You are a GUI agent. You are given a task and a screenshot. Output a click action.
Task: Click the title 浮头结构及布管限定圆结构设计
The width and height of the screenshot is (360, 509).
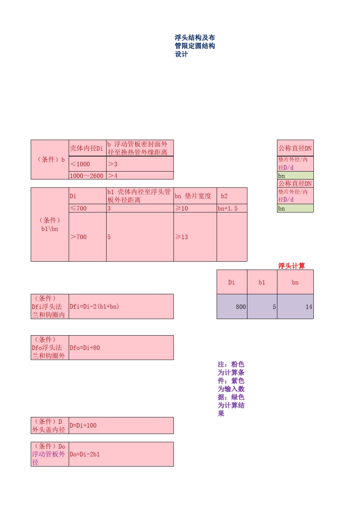coord(195,46)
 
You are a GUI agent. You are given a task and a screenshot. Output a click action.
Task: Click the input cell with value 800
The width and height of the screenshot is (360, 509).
coord(232,306)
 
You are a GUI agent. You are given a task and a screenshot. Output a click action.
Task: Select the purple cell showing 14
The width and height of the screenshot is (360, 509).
coord(295,306)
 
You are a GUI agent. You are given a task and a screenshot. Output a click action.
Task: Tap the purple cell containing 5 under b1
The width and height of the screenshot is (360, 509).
coord(262,306)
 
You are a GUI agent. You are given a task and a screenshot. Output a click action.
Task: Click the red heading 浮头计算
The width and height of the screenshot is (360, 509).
coord(291,266)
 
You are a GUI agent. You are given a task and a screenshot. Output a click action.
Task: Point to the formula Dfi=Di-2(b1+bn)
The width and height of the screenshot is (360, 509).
coord(94,306)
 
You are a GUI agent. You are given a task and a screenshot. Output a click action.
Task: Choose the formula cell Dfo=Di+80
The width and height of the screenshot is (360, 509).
coord(85,348)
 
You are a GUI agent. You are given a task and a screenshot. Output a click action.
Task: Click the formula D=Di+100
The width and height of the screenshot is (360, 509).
coord(83,425)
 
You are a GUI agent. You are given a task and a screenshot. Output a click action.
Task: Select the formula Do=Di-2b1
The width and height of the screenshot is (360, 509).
coord(85,454)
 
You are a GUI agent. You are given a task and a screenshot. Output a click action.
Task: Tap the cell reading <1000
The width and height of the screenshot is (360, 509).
coord(80,164)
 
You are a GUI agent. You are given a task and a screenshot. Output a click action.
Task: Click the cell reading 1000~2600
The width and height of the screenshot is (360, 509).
coord(87,176)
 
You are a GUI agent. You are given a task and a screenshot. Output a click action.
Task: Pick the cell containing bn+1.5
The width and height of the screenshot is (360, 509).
coord(228,208)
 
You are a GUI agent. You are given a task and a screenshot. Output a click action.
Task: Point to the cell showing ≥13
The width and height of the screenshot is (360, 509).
coord(182,237)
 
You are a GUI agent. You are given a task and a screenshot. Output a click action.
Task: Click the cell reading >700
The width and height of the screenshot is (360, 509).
coord(78,237)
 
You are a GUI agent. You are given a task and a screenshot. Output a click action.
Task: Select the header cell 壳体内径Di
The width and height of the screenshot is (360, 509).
coord(86,148)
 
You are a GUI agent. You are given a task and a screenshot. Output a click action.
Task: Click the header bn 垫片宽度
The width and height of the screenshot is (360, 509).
coord(193,196)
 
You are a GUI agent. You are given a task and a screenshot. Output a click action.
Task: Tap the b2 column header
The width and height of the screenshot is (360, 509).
coord(224,196)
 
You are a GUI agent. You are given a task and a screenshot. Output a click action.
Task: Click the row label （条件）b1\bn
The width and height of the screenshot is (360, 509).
coord(50,224)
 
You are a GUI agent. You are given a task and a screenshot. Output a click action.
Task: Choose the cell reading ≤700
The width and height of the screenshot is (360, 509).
coord(78,208)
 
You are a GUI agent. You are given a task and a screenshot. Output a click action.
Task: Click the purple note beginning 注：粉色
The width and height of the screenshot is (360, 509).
coord(231,389)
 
